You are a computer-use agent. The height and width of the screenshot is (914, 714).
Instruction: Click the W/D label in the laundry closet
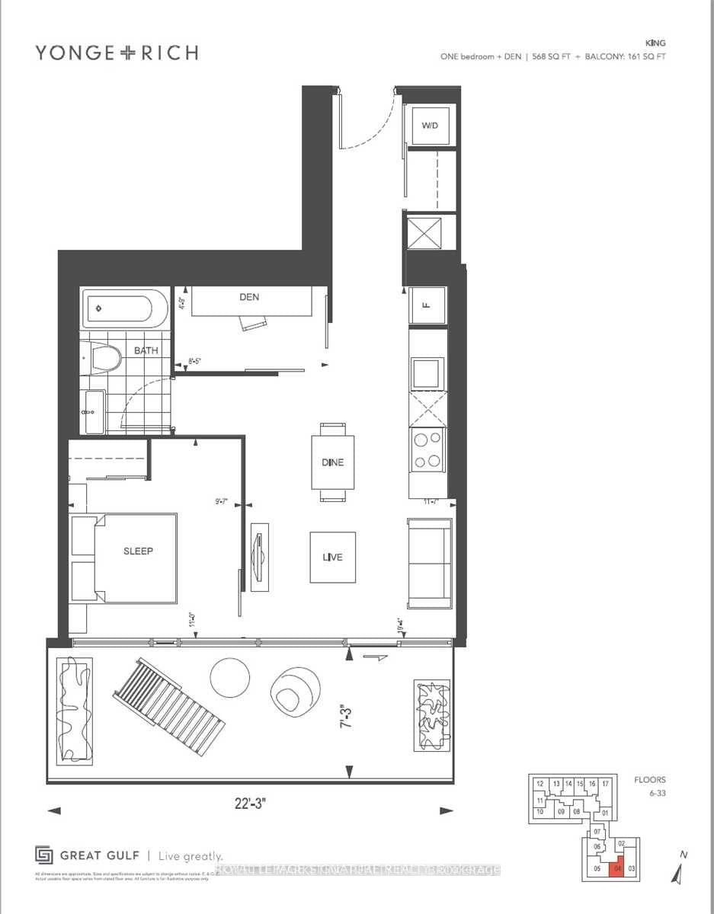point(431,126)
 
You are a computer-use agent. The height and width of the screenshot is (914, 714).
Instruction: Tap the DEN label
point(249,297)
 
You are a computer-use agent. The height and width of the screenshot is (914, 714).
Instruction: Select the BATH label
point(146,351)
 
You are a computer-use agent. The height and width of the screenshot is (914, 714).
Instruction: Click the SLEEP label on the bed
point(138,551)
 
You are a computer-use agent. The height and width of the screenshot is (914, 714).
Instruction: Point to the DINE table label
point(333,462)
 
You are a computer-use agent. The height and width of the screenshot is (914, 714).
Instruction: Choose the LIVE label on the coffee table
point(331,557)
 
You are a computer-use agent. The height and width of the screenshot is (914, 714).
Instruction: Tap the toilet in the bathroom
point(103,357)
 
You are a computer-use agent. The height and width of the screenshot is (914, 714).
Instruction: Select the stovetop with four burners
point(427,449)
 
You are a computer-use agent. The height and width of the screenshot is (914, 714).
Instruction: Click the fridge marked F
point(427,305)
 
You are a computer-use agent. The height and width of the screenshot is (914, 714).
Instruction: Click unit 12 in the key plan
point(540,784)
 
